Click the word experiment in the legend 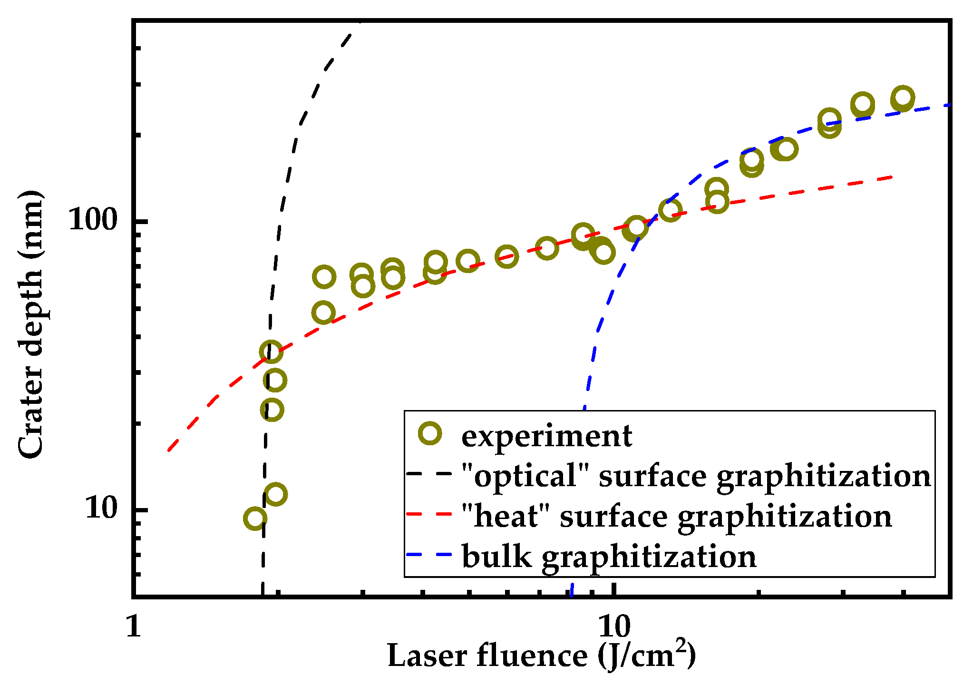tap(546, 435)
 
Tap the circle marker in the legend tap(430, 433)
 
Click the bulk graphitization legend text tap(609, 557)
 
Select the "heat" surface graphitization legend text tap(676, 516)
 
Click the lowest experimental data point tap(255, 518)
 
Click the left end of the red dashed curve tap(168, 450)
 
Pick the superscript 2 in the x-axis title tap(682, 646)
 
